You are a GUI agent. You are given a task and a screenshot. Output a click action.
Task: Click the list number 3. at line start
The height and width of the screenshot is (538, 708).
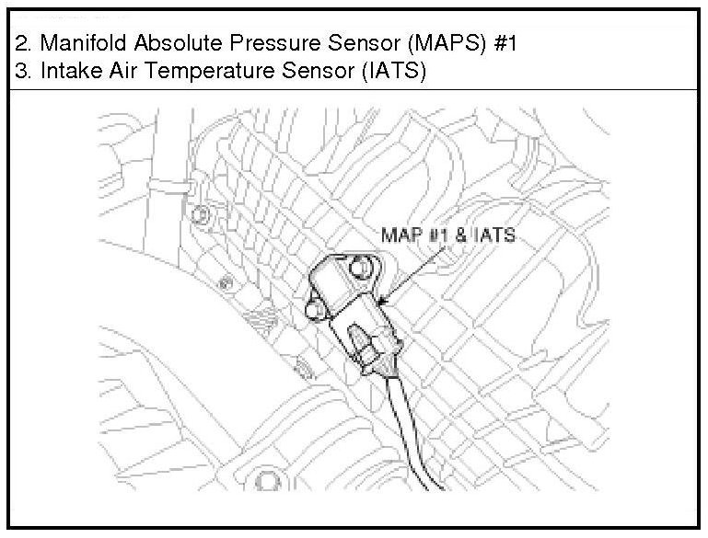pyautogui.click(x=23, y=74)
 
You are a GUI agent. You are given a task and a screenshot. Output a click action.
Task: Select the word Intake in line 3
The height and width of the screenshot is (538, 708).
pyautogui.click(x=65, y=74)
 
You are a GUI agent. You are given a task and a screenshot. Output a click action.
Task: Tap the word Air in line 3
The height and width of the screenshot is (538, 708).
pyautogui.click(x=118, y=74)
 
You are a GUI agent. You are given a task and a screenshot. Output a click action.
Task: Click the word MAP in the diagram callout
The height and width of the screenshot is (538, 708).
pyautogui.click(x=399, y=236)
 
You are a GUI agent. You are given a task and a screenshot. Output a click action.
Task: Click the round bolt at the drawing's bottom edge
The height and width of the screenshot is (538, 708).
pyautogui.click(x=266, y=481)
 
